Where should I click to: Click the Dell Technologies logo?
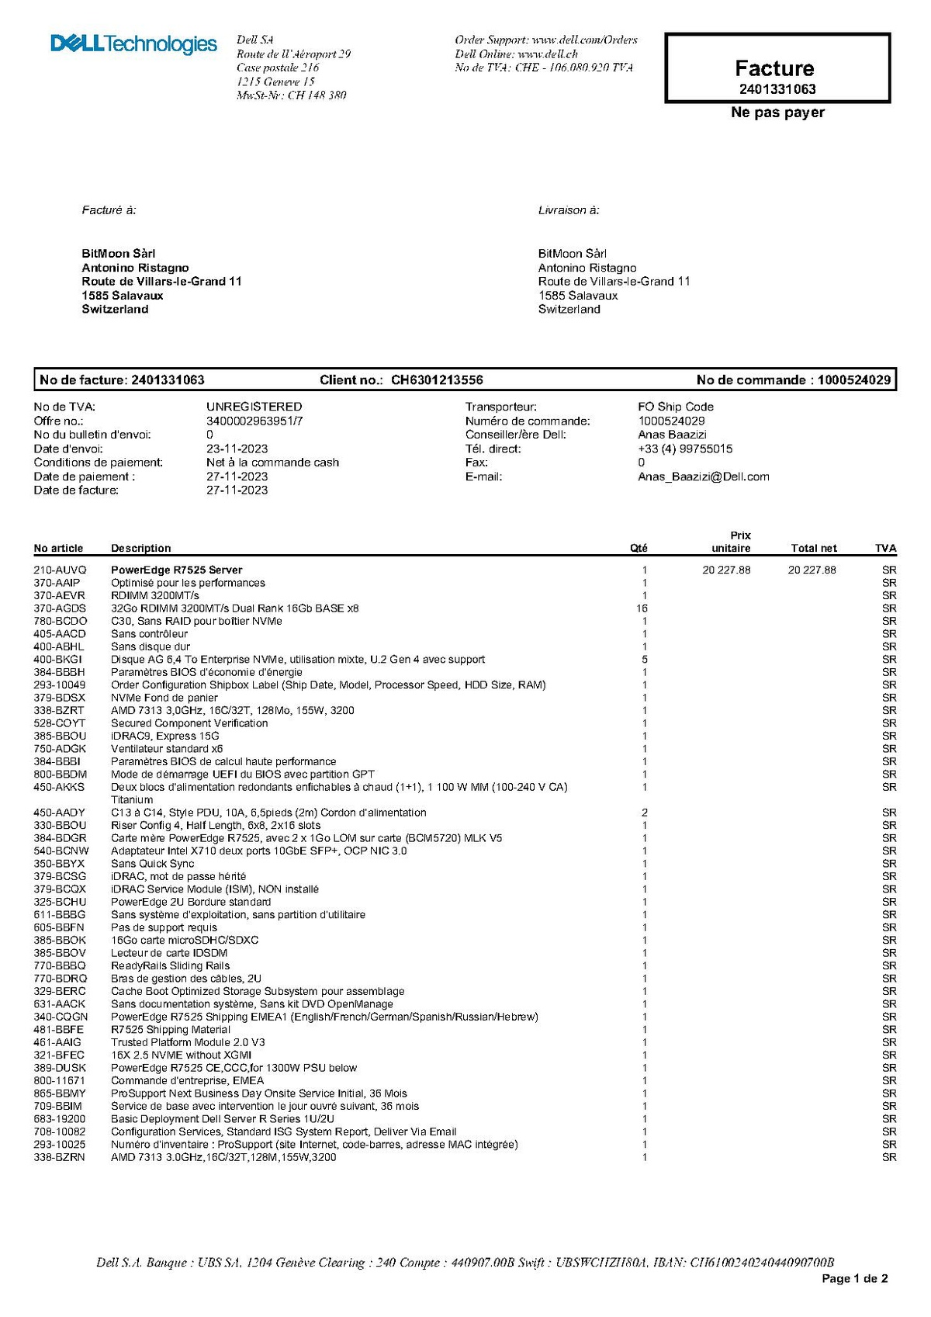coord(133,44)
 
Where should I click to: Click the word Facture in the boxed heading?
coord(774,68)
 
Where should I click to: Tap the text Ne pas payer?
coord(777,113)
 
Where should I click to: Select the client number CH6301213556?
coord(437,380)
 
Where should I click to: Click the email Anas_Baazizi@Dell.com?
coord(703,477)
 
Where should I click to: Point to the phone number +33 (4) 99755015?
coord(684,449)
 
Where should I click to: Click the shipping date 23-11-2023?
coord(237,449)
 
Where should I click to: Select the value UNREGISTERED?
coord(254,407)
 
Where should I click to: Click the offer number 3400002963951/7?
coord(254,421)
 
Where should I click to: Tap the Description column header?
coord(140,548)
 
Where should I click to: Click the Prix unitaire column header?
coord(732,542)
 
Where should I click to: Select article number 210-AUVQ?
coord(60,570)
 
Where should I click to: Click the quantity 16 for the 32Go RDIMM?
coord(642,608)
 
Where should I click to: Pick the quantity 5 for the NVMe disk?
coord(644,660)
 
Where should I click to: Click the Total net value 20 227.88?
coord(812,570)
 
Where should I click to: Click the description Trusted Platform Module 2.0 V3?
coord(188,1042)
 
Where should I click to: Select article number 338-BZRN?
coord(59,1157)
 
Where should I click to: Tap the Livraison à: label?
coord(568,210)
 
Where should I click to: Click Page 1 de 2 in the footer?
coord(854,1278)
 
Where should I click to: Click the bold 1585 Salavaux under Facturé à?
coord(123,296)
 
